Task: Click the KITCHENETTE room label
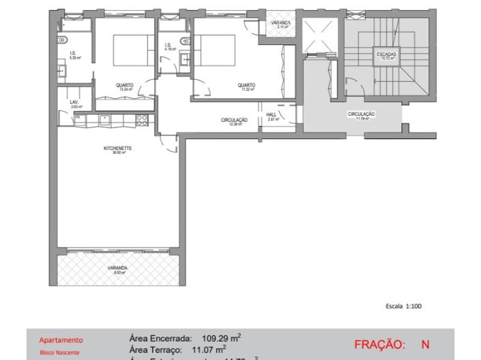point(118,150)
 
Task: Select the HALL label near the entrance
point(271,116)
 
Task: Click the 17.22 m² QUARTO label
point(246,87)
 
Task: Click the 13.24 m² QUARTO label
point(124,87)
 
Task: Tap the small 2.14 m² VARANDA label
point(280,25)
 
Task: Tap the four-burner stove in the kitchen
point(142,120)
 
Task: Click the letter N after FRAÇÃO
point(425,345)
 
